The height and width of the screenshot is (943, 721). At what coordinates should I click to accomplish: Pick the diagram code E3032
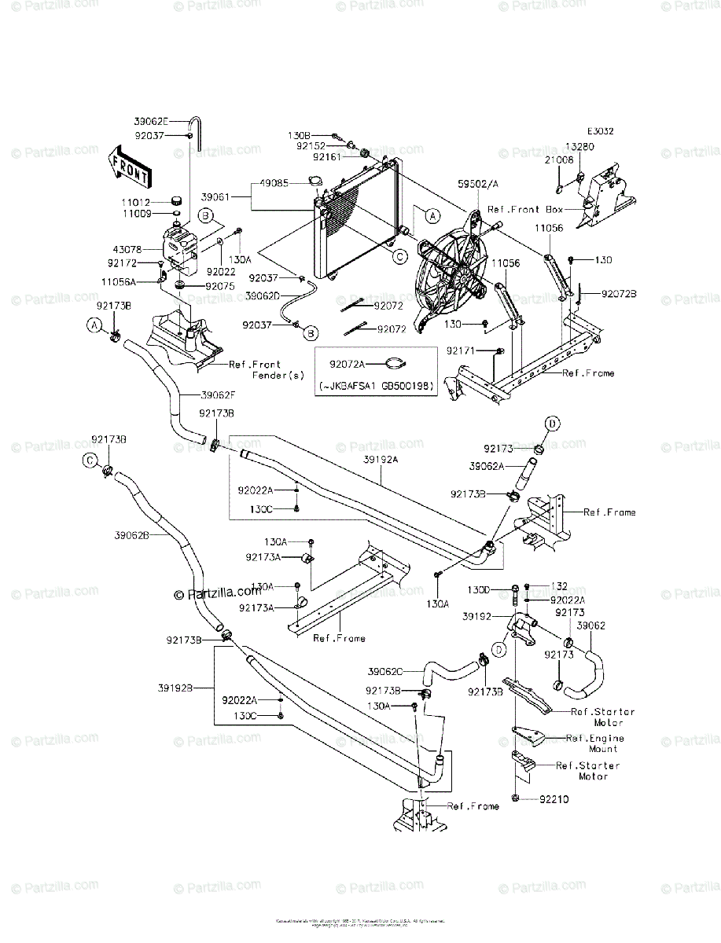tap(599, 132)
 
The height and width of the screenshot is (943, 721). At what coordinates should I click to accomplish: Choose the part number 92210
tap(554, 798)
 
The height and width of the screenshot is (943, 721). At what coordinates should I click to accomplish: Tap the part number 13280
tap(600, 147)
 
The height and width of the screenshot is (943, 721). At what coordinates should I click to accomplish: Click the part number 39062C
tap(385, 671)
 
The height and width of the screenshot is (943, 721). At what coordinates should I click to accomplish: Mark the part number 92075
tap(220, 286)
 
